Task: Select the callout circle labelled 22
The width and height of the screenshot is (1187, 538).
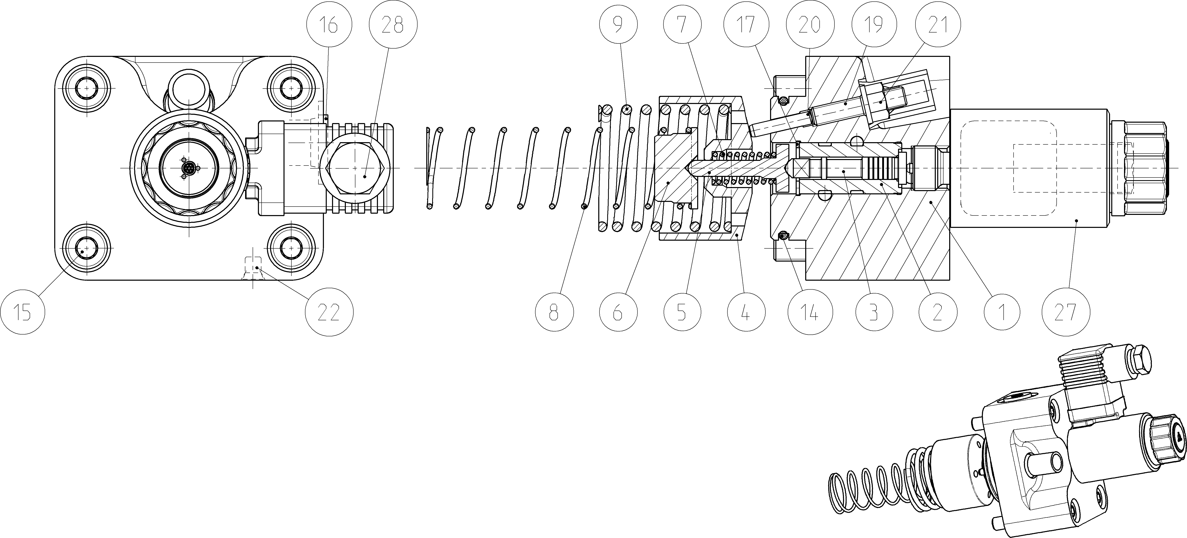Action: point(329,313)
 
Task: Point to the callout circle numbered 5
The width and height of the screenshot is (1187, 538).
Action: point(682,313)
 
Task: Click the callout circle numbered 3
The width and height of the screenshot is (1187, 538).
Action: point(874,313)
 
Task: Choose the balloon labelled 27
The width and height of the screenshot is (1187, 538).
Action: point(1065,313)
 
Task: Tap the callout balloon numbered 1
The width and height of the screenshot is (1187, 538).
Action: point(1002,313)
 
